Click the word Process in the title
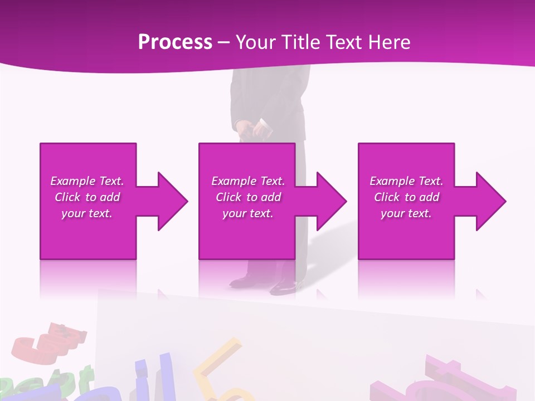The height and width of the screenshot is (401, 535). click(x=175, y=42)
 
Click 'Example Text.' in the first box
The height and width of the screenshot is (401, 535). click(x=87, y=181)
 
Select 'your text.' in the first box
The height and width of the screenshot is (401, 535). click(x=87, y=213)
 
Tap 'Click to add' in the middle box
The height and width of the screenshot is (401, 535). click(x=248, y=197)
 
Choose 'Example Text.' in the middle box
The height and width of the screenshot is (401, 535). click(x=248, y=181)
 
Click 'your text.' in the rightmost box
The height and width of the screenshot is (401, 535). click(x=406, y=213)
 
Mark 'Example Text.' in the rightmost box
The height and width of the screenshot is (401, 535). click(x=406, y=181)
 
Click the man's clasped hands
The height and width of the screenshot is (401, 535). click(x=254, y=131)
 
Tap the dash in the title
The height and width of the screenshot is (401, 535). click(x=223, y=42)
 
